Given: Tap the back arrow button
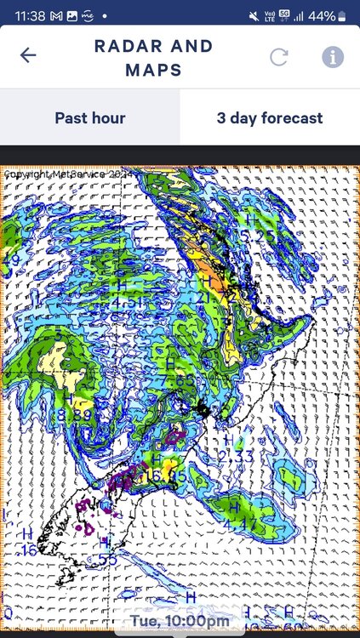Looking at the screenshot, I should [x=28, y=55].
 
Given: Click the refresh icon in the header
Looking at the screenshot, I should [x=279, y=57].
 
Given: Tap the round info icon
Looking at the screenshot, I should [x=332, y=57].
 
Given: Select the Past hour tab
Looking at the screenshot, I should [x=90, y=117].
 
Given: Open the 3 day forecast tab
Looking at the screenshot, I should [x=270, y=117].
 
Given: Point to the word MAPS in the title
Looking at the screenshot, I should [x=153, y=70].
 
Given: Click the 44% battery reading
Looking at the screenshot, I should [x=322, y=16].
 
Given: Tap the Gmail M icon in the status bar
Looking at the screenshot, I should [x=55, y=16].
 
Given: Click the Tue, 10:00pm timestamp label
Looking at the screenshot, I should [x=180, y=622].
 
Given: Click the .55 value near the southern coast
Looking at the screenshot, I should [x=107, y=558].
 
